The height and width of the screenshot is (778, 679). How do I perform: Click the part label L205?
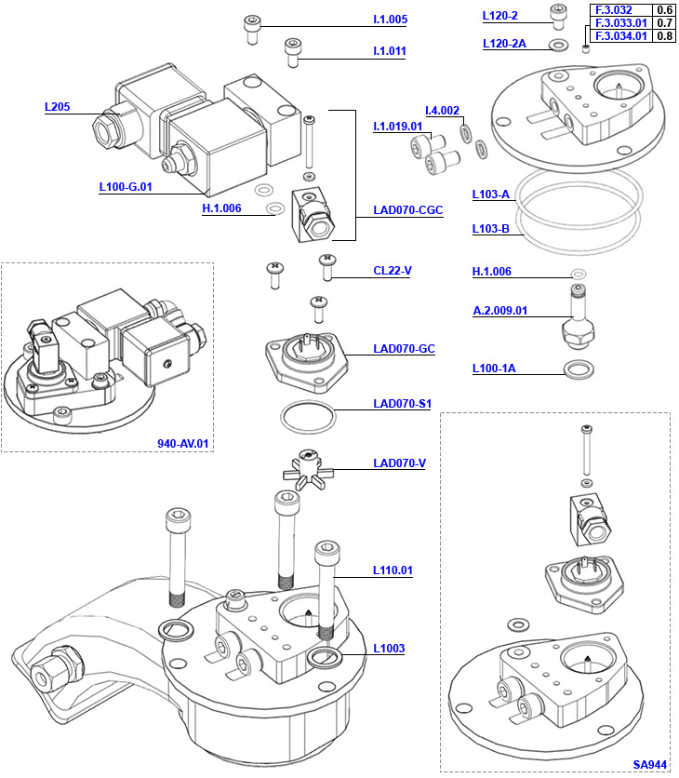tap(58, 106)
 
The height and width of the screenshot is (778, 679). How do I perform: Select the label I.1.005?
tap(390, 20)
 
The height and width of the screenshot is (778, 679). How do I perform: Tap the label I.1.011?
tap(390, 51)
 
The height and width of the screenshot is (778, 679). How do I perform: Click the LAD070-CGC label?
tap(407, 210)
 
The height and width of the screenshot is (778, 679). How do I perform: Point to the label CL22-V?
tap(393, 271)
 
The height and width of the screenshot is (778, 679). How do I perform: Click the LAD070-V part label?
tap(399, 463)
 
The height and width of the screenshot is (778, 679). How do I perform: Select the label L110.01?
tap(393, 570)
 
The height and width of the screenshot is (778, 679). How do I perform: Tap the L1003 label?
tap(389, 648)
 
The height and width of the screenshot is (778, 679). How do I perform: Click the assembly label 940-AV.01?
tap(184, 443)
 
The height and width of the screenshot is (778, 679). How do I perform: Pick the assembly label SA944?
tap(650, 764)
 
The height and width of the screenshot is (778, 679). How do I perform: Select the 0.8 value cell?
tap(664, 36)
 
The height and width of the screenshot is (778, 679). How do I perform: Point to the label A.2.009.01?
tap(499, 311)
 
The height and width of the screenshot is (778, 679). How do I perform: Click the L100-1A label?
tap(493, 369)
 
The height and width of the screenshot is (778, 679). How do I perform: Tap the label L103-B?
tap(490, 228)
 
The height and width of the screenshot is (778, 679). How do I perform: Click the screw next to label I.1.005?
tap(252, 29)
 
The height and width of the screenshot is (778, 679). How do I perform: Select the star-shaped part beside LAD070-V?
tap(306, 464)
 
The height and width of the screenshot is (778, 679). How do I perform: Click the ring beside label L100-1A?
tap(580, 369)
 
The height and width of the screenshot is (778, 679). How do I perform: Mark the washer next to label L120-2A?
tap(559, 45)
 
